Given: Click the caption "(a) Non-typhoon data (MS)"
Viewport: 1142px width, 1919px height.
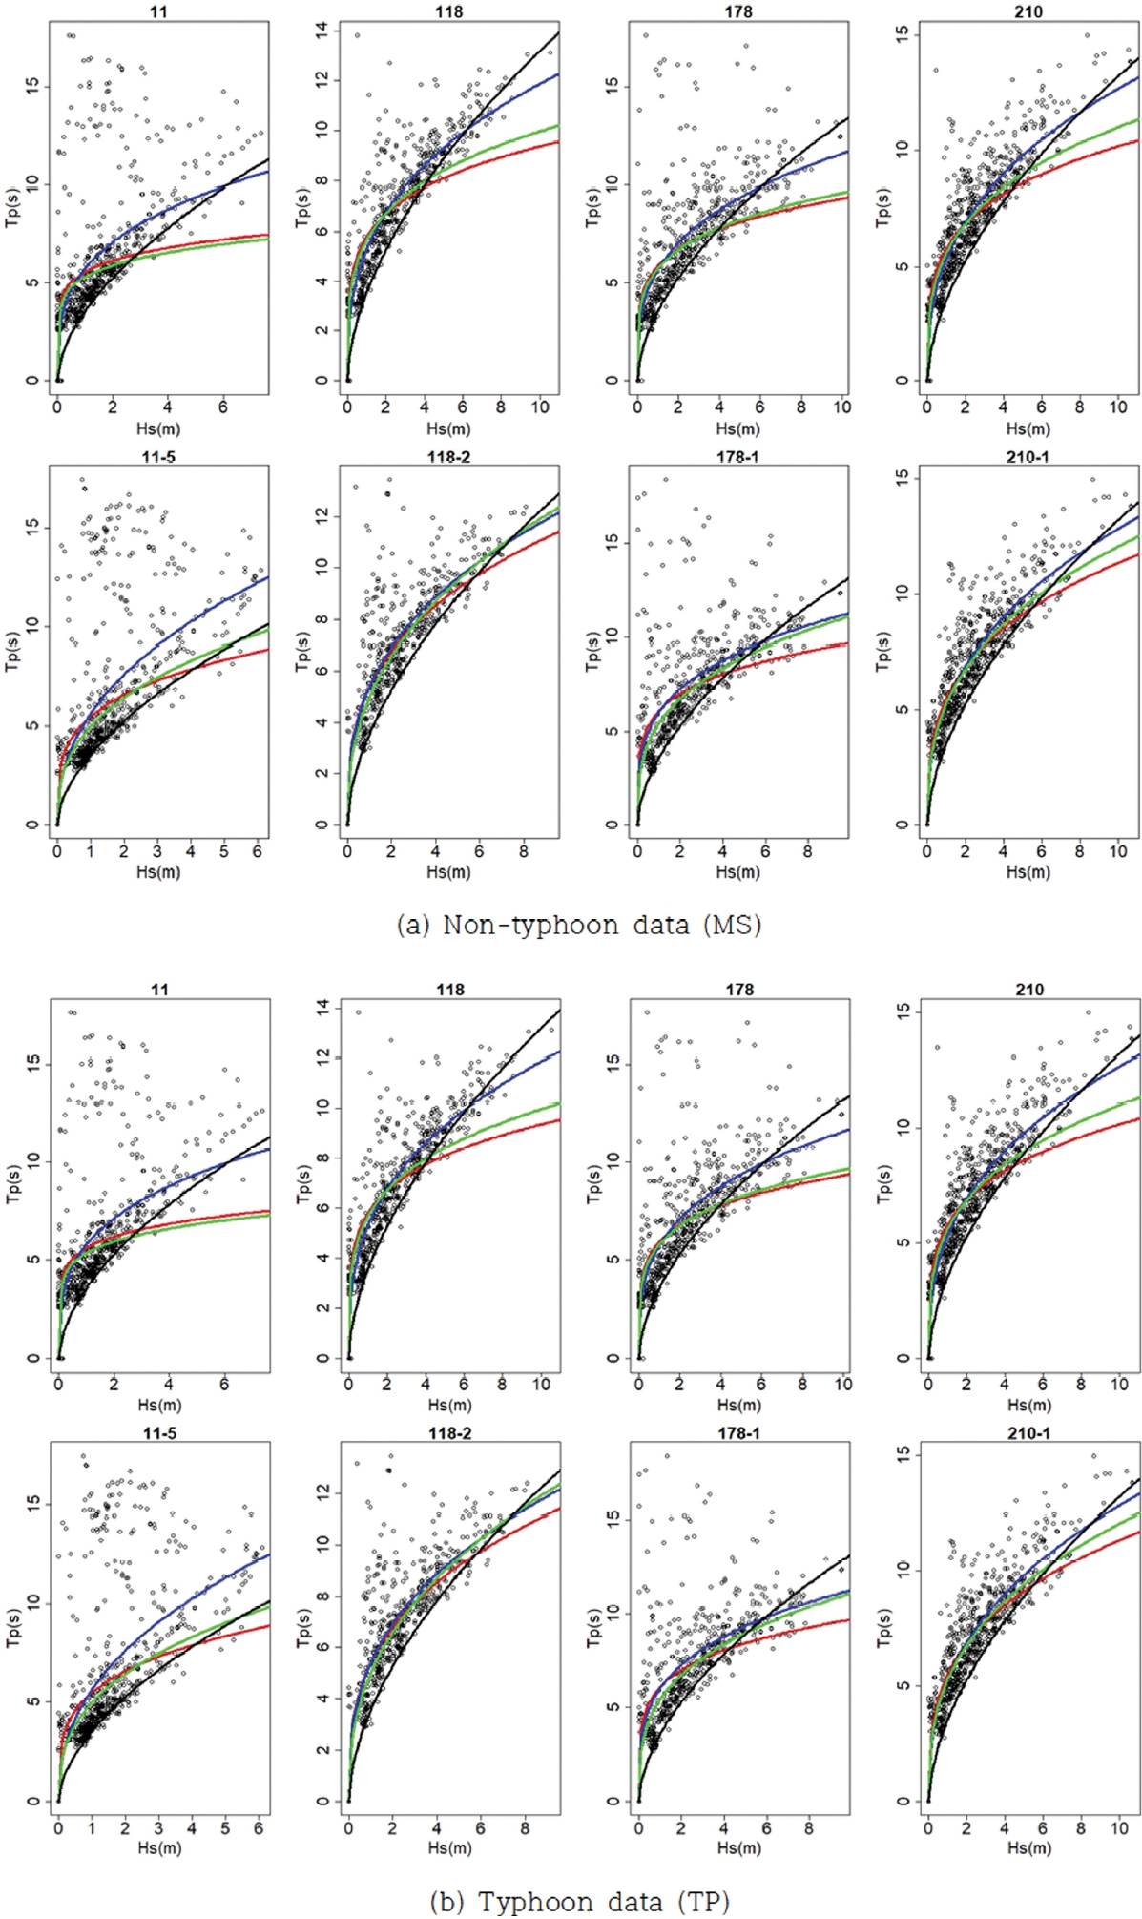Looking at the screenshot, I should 578,925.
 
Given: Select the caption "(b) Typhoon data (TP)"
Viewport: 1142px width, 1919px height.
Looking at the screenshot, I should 579,1901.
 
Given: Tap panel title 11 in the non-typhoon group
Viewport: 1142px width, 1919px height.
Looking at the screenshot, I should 159,12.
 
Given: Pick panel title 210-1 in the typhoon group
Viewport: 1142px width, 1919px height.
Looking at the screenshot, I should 1028,1433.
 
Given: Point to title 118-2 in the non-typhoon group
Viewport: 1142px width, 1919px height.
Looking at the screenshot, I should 448,457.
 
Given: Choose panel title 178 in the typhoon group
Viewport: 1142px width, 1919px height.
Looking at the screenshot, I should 739,990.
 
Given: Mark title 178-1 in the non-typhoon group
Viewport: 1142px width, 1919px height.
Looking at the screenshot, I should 737,457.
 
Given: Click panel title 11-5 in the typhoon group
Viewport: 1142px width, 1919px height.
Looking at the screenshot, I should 159,1433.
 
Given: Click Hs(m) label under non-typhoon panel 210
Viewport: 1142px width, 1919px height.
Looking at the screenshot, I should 1028,428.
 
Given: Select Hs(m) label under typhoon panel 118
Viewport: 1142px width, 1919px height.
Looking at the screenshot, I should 449,1405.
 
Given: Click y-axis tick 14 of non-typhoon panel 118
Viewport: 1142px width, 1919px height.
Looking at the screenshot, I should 322,32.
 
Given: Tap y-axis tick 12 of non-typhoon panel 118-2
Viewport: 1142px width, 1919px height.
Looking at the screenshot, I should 322,514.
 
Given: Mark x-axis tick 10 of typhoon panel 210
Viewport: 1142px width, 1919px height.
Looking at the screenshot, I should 1120,1384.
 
